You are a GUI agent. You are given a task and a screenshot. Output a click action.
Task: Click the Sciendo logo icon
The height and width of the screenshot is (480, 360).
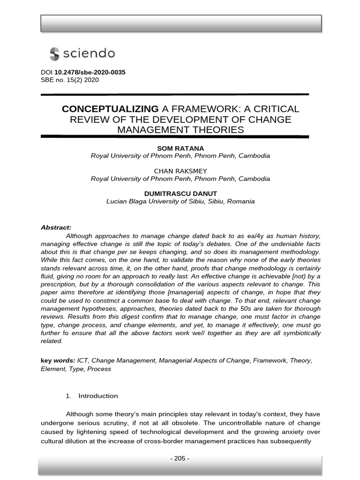[54, 53]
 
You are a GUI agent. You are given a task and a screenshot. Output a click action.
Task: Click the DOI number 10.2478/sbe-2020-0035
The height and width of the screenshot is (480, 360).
[90, 72]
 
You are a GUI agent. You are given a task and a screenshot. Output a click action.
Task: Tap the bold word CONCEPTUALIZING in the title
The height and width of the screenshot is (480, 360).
[110, 109]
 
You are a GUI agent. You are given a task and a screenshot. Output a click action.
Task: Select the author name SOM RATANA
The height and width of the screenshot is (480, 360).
[180, 149]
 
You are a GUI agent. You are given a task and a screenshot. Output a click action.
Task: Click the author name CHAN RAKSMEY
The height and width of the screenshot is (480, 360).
[180, 171]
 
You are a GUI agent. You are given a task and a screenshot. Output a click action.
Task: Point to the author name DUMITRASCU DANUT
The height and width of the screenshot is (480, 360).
[180, 194]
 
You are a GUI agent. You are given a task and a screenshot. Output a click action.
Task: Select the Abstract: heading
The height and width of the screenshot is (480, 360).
[56, 227]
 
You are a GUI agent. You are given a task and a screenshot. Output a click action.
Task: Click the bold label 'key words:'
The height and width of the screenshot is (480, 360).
[58, 360]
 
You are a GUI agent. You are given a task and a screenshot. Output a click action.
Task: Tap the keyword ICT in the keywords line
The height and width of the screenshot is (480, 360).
[82, 360]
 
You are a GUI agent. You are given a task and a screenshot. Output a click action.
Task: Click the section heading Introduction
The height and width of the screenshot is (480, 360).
[98, 396]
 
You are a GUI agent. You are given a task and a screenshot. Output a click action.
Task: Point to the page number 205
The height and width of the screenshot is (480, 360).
[180, 458]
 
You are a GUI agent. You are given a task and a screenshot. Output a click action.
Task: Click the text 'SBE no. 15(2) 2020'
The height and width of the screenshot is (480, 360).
[70, 80]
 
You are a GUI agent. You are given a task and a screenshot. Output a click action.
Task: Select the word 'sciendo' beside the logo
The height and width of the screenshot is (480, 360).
[89, 53]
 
